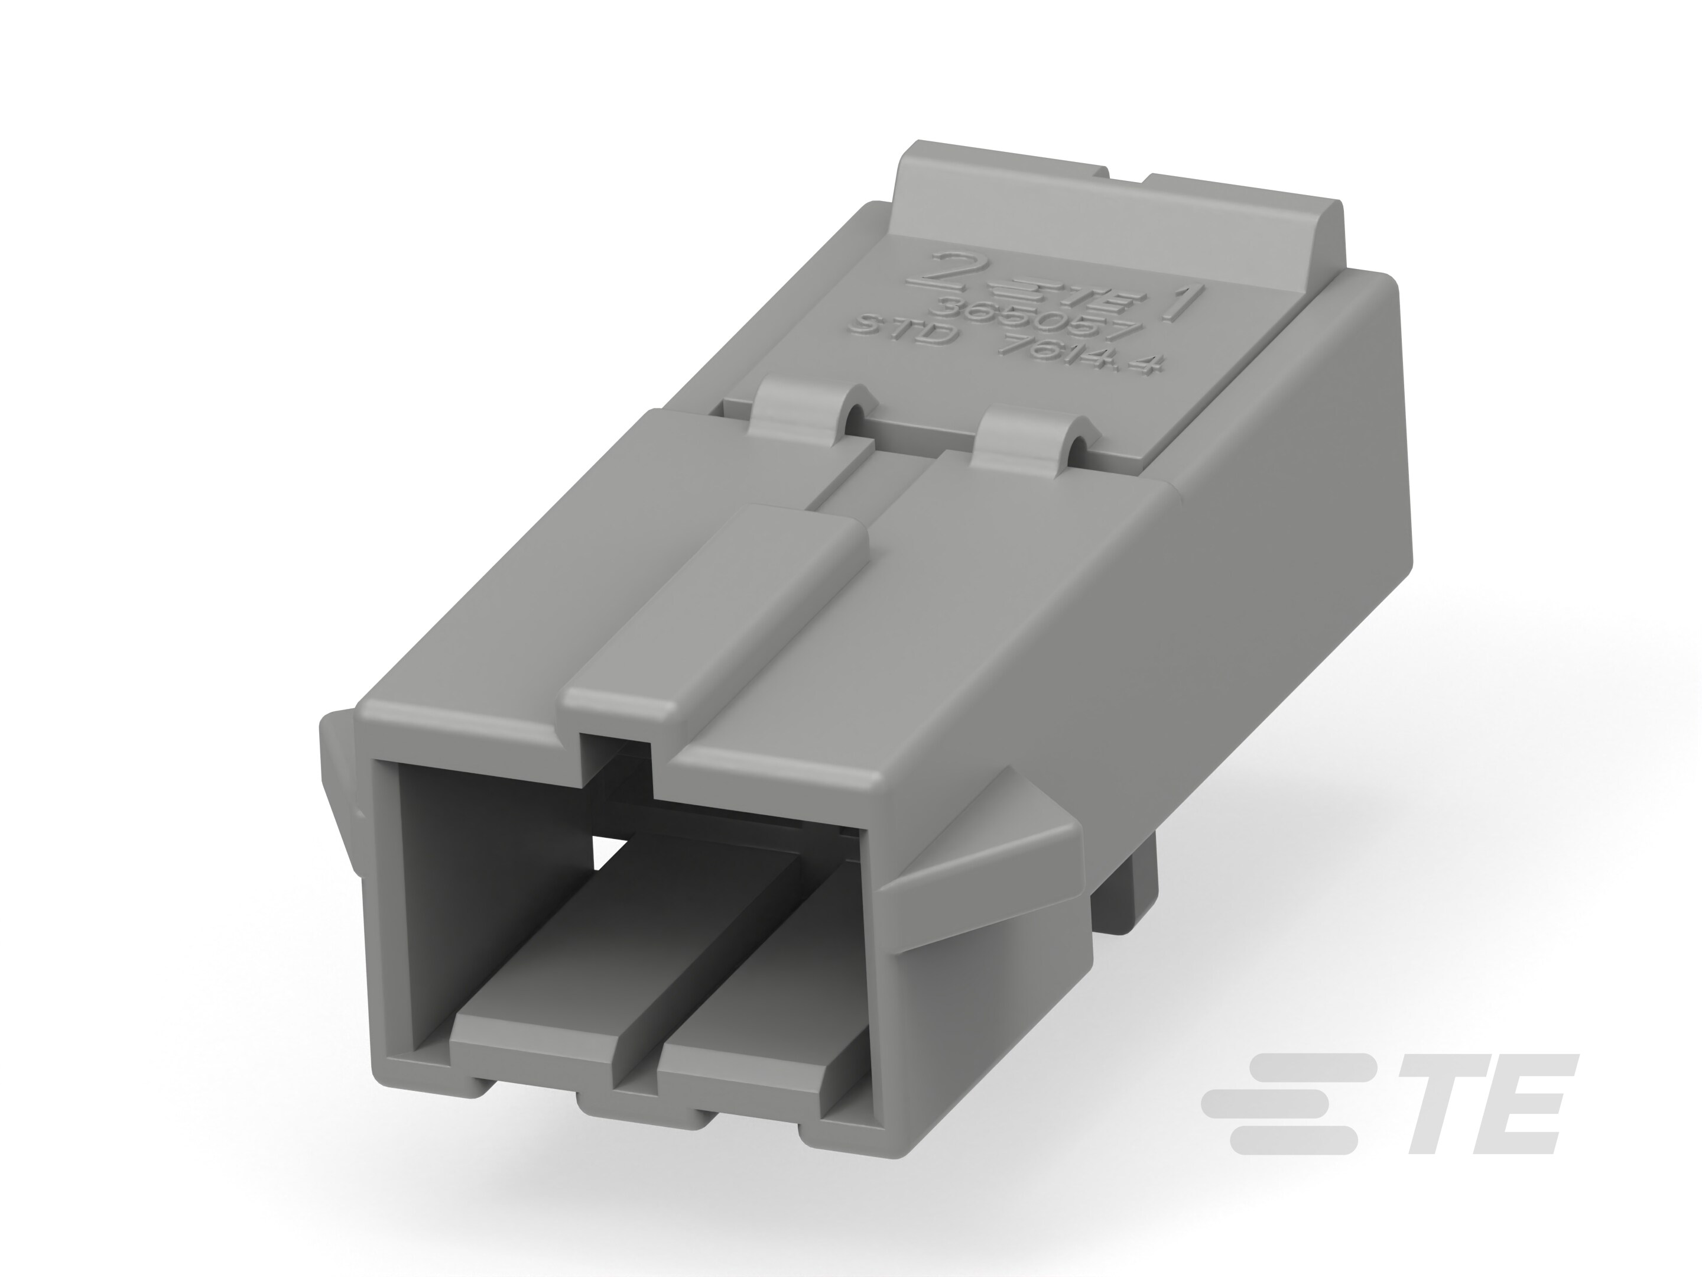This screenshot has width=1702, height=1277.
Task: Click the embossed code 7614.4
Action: (1077, 357)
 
